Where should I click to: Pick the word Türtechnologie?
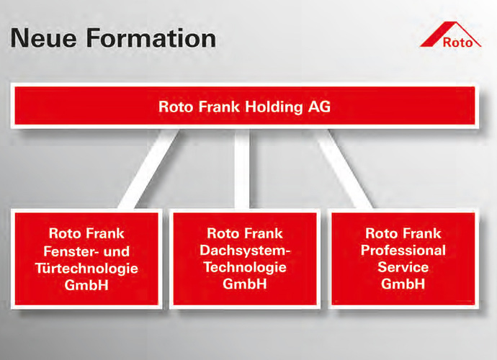coord(86,267)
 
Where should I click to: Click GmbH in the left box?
coord(86,284)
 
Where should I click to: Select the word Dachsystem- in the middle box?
coord(245,250)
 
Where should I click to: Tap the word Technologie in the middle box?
coord(245,267)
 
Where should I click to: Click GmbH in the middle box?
coord(245,284)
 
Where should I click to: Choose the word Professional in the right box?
coord(403,250)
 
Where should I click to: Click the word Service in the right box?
coord(403,267)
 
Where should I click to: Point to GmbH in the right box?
coord(403,284)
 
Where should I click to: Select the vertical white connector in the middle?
coord(242,169)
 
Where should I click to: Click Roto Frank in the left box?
coord(86,233)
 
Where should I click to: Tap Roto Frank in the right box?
coord(403,233)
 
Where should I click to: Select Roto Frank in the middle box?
coord(245,233)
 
